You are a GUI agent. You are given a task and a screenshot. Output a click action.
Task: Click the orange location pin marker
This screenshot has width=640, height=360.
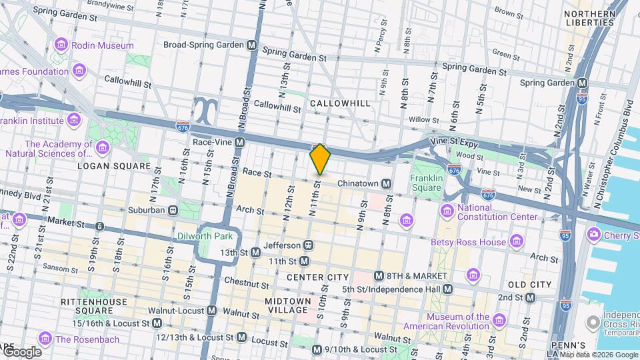point(320,159)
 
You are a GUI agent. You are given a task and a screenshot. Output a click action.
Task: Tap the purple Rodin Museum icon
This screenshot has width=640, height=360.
point(61,45)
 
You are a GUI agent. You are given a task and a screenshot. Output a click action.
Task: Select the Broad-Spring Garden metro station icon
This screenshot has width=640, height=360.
point(252,45)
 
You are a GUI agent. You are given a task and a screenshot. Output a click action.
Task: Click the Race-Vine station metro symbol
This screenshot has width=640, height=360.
point(239,142)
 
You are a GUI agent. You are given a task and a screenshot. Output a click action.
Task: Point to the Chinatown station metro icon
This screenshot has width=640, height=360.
point(386,183)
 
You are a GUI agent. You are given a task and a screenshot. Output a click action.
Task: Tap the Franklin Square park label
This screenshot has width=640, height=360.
point(426,183)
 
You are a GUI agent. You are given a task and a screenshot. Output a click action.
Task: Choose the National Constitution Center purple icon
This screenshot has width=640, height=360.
point(447,211)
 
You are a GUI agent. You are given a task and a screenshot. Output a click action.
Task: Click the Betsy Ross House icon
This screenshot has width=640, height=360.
point(516,241)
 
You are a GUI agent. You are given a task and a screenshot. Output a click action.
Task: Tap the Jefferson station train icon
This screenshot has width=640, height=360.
point(308,245)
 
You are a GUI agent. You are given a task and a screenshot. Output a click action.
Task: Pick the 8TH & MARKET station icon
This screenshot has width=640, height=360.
point(379,276)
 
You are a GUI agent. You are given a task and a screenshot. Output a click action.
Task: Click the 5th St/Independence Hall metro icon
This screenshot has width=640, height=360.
point(448,289)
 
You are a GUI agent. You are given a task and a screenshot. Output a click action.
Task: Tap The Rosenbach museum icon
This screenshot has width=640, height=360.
point(45,339)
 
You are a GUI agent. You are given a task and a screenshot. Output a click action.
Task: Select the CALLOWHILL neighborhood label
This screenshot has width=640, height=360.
point(339,103)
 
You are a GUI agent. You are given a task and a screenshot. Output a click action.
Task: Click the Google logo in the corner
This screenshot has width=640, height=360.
point(21,351)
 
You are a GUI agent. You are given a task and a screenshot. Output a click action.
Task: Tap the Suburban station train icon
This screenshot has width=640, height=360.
point(173,210)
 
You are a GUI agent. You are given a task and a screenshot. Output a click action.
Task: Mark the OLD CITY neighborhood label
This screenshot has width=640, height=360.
point(530,285)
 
